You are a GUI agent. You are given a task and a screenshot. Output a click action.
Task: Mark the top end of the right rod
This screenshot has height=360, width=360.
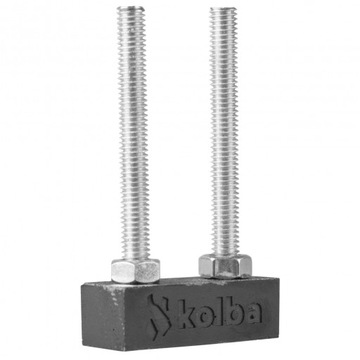click(226, 10)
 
